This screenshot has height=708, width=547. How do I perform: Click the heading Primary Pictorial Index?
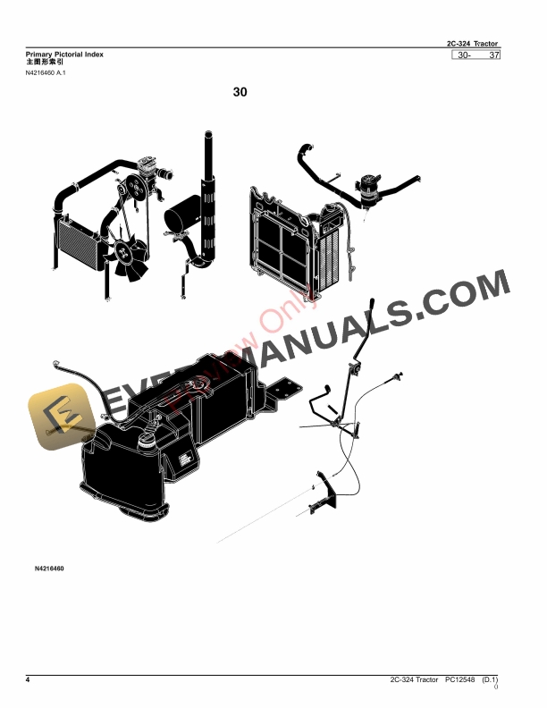(65, 55)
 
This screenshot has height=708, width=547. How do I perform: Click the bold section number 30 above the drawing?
(240, 91)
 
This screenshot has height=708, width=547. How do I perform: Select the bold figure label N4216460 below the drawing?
(50, 569)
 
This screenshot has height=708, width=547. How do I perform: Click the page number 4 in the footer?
(28, 681)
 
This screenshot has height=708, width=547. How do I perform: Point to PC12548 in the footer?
(461, 681)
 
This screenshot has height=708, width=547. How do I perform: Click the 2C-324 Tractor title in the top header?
(473, 44)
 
